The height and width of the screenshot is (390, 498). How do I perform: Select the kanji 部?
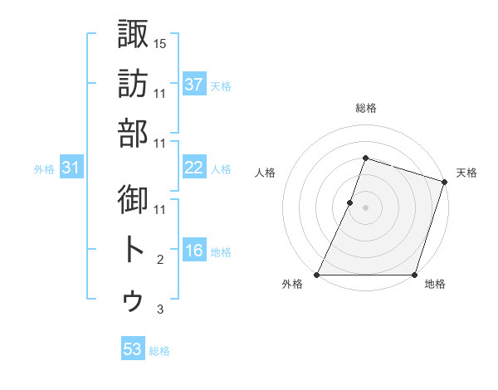(134, 134)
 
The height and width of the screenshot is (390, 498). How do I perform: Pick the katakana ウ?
(134, 300)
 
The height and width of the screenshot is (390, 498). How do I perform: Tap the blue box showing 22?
(194, 168)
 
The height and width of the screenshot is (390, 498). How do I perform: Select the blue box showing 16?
(194, 251)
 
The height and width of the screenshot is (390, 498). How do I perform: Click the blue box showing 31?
(71, 168)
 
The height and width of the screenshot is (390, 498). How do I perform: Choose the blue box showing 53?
(133, 349)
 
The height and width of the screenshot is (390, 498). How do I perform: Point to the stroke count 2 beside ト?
(160, 260)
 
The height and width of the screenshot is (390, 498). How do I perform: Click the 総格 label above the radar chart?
(366, 108)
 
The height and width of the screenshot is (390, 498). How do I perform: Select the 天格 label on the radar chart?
(466, 173)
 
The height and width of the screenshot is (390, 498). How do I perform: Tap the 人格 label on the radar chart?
(266, 173)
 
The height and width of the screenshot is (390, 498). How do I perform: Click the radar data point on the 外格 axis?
(317, 275)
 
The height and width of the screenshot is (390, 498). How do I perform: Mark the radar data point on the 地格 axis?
(414, 275)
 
